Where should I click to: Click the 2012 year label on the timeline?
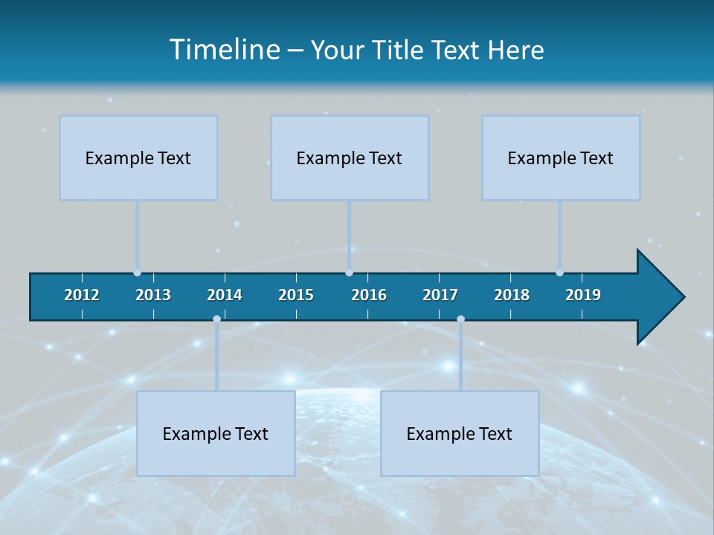pos(82,295)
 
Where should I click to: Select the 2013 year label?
pos(153,295)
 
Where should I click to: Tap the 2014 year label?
pos(225,295)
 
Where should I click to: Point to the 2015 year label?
pos(296,295)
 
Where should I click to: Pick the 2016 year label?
pos(369,295)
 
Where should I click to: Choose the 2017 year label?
pos(440,295)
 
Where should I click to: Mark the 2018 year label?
pos(512,295)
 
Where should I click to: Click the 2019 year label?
pos(583,295)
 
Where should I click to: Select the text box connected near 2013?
pos(138,158)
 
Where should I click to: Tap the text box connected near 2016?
pos(350,158)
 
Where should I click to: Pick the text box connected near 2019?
pos(561,158)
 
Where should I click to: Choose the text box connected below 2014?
pos(216,433)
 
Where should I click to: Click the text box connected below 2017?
pos(460,433)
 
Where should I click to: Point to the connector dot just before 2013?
pos(137,273)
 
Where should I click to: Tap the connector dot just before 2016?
pos(349,273)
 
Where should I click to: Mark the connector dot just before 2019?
pos(559,273)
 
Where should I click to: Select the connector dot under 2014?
pos(216,319)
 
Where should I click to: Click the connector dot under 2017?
pos(460,319)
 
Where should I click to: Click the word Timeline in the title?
pos(224,50)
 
